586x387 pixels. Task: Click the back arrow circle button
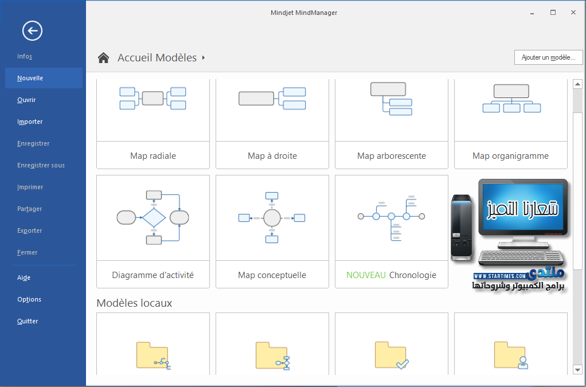[32, 30]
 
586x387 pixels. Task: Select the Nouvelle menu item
[30, 78]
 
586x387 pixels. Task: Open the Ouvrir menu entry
[26, 100]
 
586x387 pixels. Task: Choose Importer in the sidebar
[30, 122]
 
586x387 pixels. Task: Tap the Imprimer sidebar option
[30, 187]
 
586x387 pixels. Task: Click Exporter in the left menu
[30, 230]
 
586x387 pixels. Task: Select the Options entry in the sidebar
[29, 299]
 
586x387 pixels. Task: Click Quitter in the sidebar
[28, 321]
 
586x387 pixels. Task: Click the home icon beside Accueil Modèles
[103, 58]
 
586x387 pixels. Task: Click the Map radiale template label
[153, 156]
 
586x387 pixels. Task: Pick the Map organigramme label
[510, 156]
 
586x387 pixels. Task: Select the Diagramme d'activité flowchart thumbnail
[153, 217]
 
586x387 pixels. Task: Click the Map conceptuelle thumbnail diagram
[272, 217]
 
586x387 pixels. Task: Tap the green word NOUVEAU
[366, 275]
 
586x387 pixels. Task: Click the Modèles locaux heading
[134, 303]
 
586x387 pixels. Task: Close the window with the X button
[573, 12]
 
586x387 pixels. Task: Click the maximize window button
[553, 12]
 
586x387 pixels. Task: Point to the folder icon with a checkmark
[391, 355]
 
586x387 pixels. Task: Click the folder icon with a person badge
[510, 355]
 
